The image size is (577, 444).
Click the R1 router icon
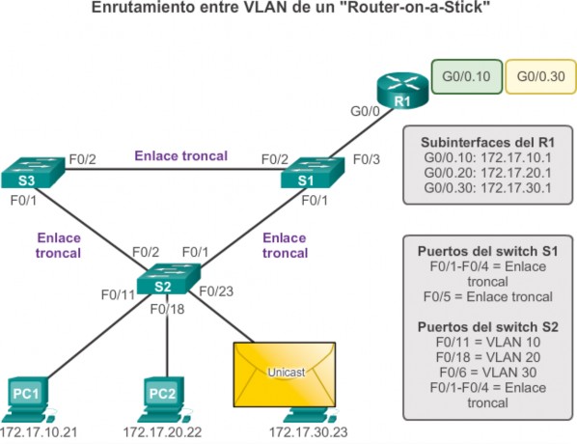tap(402, 91)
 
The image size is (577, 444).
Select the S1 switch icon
tap(313, 173)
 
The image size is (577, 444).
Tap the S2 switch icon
tap(169, 279)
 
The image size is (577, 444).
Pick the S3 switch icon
tap(33, 173)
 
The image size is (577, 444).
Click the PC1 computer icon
tap(28, 400)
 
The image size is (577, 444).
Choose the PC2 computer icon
tap(164, 400)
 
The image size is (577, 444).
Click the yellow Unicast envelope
tap(285, 375)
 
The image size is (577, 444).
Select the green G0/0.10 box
tap(467, 76)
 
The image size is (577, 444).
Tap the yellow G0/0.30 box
tap(541, 76)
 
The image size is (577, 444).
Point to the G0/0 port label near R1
tap(365, 111)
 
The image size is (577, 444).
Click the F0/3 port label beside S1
tap(366, 159)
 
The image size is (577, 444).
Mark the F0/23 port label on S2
tap(216, 291)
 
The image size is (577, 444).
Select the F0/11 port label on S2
tap(118, 295)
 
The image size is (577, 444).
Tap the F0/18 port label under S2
tap(167, 309)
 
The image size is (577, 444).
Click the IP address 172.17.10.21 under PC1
tap(39, 432)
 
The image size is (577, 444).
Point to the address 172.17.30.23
tap(309, 432)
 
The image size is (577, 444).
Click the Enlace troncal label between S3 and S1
tap(181, 155)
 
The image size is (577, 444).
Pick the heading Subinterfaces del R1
tap(487, 143)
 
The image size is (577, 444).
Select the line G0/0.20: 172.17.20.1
tap(487, 173)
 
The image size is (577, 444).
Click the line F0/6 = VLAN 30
tap(488, 373)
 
